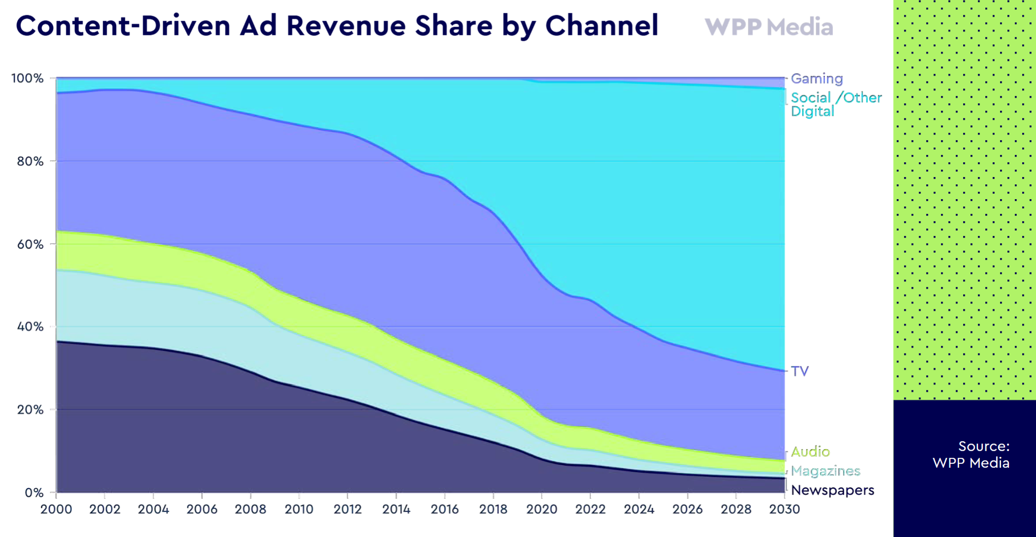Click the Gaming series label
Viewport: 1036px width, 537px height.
point(817,79)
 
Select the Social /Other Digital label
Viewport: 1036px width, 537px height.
point(836,104)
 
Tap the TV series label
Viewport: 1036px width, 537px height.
point(800,371)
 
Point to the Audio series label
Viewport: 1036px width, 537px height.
point(810,451)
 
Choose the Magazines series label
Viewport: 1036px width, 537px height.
point(825,471)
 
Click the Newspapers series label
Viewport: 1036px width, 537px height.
point(832,490)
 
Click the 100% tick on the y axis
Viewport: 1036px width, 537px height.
point(28,78)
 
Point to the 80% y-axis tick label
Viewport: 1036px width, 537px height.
point(30,161)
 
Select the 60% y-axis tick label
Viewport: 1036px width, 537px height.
point(30,244)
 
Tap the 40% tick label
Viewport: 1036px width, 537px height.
point(30,327)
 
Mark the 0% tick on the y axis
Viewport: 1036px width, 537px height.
point(34,493)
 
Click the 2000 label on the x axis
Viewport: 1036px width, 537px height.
point(56,509)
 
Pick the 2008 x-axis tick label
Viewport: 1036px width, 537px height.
point(250,509)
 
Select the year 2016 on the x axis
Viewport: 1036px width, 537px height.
point(445,509)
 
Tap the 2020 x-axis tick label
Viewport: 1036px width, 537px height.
point(542,509)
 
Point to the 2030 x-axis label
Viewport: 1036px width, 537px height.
point(785,509)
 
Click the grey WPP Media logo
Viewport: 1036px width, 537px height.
point(769,27)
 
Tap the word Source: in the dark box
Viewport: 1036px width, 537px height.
point(983,447)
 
